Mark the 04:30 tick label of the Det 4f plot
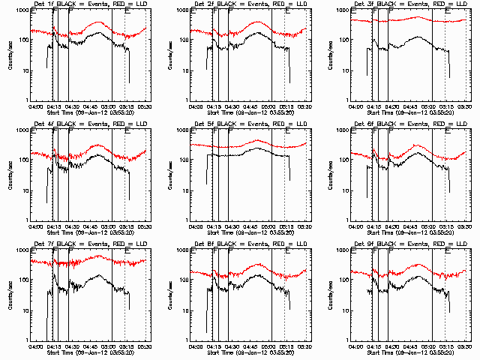[72, 226]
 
